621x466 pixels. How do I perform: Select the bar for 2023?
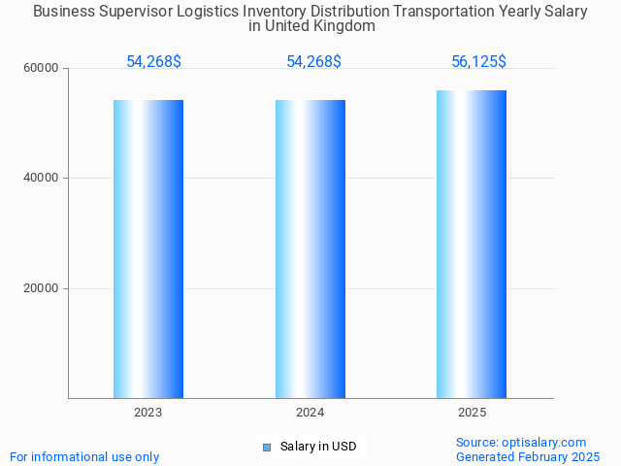(148, 249)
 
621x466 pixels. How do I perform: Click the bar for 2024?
(310, 249)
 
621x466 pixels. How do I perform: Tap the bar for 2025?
(472, 244)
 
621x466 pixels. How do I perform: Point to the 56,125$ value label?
(478, 62)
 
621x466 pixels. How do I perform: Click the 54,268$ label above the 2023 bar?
(153, 62)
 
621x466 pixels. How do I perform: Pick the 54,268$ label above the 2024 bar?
(313, 62)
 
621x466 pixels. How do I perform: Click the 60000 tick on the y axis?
(42, 69)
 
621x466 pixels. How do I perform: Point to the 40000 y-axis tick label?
(42, 179)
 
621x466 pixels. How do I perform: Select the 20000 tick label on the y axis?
(42, 288)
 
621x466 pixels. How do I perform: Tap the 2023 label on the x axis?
(148, 413)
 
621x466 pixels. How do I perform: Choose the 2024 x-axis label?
(310, 413)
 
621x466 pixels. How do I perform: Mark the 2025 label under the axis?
(472, 413)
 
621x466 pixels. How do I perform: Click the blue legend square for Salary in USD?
(267, 448)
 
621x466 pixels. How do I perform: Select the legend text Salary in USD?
(318, 448)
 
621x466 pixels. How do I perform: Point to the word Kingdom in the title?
(342, 26)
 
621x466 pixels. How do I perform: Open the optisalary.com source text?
(521, 443)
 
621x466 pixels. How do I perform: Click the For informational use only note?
(84, 457)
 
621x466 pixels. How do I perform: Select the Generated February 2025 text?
(528, 457)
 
